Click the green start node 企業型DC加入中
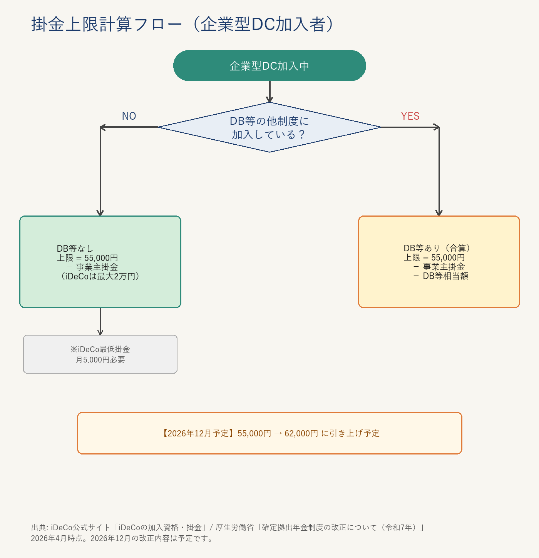(x=269, y=66)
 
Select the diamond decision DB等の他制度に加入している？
(x=269, y=127)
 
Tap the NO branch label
(x=129, y=116)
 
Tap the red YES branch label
(x=410, y=116)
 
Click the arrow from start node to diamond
(x=269, y=92)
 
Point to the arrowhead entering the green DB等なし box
(x=100, y=213)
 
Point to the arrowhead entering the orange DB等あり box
(x=439, y=213)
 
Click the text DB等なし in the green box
(x=75, y=249)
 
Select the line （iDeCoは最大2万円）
(x=100, y=276)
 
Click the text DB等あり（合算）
(x=437, y=248)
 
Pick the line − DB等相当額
(x=441, y=276)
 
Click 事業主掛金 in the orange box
(x=444, y=267)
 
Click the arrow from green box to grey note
(x=100, y=321)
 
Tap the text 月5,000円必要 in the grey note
(x=100, y=360)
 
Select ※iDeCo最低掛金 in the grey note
(x=100, y=349)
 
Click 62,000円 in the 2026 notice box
(x=301, y=433)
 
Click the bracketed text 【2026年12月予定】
(x=197, y=433)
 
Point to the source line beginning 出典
(x=227, y=528)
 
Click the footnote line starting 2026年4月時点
(x=122, y=538)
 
